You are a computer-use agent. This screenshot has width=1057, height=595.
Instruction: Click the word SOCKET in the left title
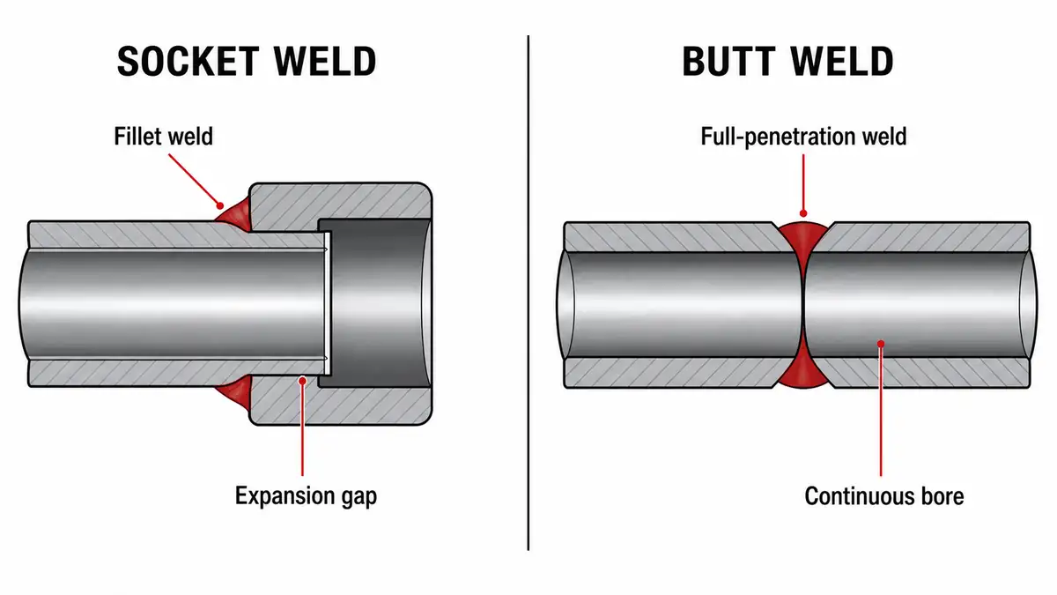[188, 62]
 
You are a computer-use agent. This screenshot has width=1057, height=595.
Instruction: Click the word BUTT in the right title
[729, 62]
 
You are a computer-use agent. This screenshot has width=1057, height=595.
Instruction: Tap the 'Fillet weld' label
[163, 137]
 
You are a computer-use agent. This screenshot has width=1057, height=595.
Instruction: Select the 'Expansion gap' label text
[306, 496]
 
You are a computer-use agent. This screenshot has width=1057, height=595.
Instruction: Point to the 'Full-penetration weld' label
[803, 137]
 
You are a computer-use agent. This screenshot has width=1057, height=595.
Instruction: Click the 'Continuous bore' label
[884, 496]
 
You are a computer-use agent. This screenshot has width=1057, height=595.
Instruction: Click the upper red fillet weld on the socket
[234, 216]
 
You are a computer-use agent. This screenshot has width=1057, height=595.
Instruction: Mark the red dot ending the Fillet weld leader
[220, 205]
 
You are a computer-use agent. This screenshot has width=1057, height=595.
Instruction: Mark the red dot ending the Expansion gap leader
[302, 380]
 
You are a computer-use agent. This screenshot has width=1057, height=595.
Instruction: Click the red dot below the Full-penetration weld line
[803, 213]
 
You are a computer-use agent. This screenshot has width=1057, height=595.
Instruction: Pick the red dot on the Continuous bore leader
[881, 343]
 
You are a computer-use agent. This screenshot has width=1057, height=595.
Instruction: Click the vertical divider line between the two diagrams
[528, 293]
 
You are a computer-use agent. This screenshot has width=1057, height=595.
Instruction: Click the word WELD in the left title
[325, 62]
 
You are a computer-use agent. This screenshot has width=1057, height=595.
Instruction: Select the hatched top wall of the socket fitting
[340, 201]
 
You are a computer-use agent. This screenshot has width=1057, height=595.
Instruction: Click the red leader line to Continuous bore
[881, 411]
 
